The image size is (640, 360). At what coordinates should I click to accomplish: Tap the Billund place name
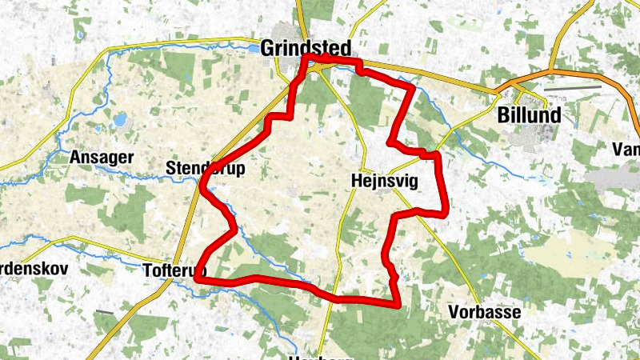(x=528, y=115)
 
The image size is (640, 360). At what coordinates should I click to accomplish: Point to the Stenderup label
(x=205, y=169)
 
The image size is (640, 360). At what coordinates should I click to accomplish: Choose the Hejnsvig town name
(x=384, y=181)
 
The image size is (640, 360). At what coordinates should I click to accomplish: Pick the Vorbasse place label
(x=485, y=312)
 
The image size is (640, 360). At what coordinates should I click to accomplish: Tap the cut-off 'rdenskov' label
(x=32, y=268)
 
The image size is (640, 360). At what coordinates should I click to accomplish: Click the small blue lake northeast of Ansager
(x=120, y=121)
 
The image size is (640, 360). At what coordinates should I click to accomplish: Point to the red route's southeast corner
(x=398, y=304)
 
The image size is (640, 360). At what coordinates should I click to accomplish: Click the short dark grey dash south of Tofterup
(x=103, y=312)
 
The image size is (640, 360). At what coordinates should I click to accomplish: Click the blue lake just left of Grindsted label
(x=254, y=49)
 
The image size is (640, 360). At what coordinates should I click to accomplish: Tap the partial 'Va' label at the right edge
(x=624, y=149)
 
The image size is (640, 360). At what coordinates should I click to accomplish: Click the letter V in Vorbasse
(x=455, y=312)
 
